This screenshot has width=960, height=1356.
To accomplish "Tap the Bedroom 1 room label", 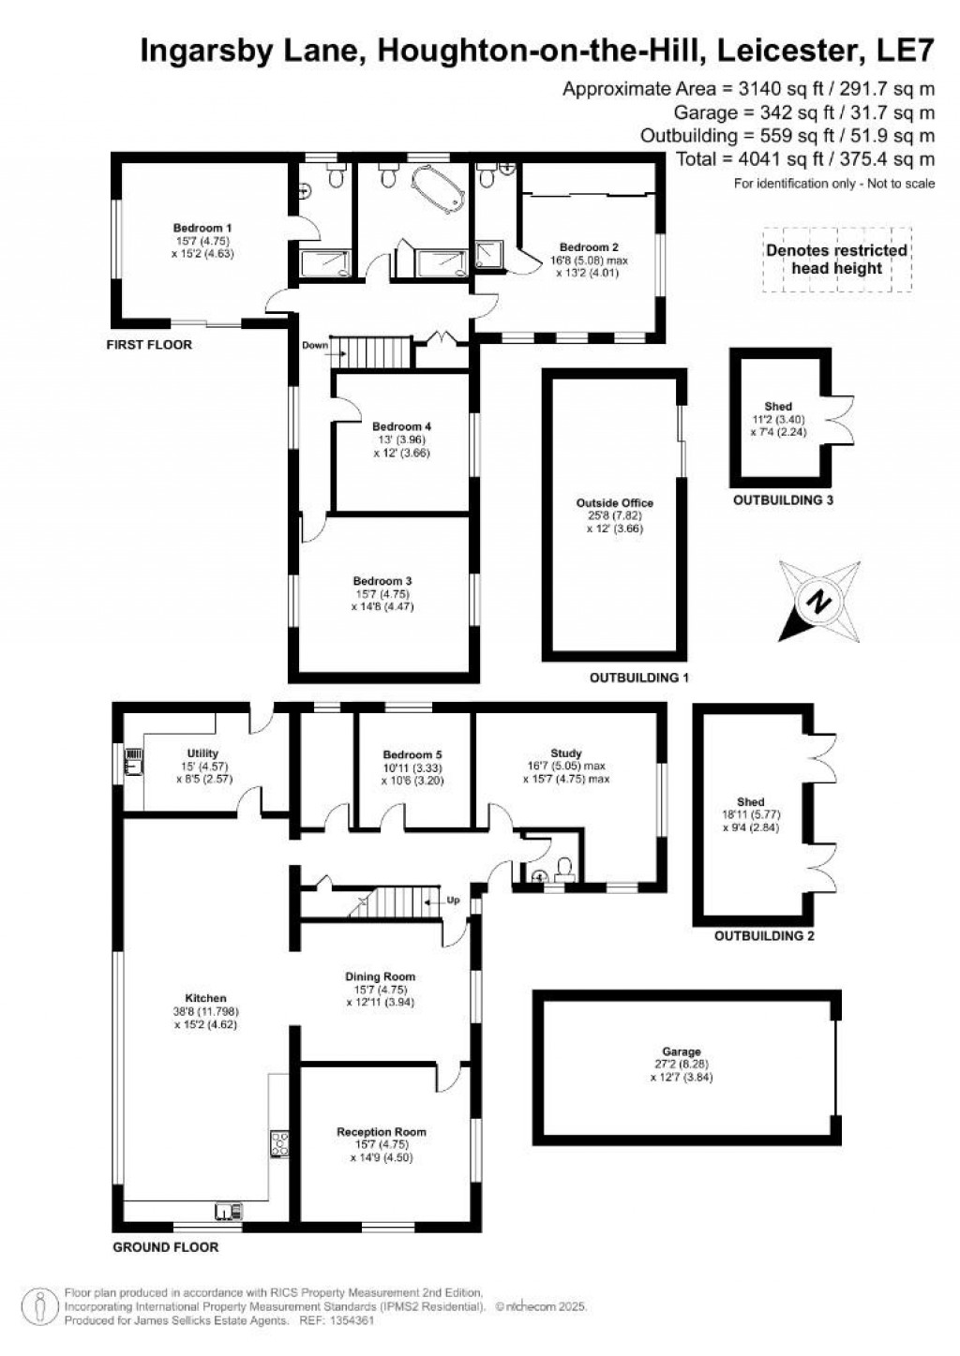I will pos(202,228).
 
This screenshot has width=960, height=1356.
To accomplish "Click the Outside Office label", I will pos(615,503).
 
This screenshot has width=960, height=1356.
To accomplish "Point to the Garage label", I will pos(680,1052).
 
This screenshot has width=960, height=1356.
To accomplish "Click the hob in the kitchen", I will pos(279,1142).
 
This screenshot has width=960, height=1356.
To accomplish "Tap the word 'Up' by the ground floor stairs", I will pos(454,901).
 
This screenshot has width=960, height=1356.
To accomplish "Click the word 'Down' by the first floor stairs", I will pos(315,345).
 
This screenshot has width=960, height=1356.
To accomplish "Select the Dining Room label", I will pos(380,976).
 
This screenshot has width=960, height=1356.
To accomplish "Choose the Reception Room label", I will pos(381,1132).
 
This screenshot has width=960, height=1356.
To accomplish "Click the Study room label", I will pos(566,753).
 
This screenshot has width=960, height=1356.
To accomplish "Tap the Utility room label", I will pos(202,753).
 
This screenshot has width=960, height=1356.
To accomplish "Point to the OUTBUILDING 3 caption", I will pos(783,500).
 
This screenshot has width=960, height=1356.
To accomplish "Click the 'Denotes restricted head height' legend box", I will pos(836,260).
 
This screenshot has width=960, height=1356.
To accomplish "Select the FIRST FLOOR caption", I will pos(149,345).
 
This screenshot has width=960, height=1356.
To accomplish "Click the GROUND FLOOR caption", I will pos(165,1247).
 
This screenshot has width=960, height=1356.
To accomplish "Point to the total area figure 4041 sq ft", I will pos(805,159).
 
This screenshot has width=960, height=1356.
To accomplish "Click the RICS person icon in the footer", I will pos(40,1304).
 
